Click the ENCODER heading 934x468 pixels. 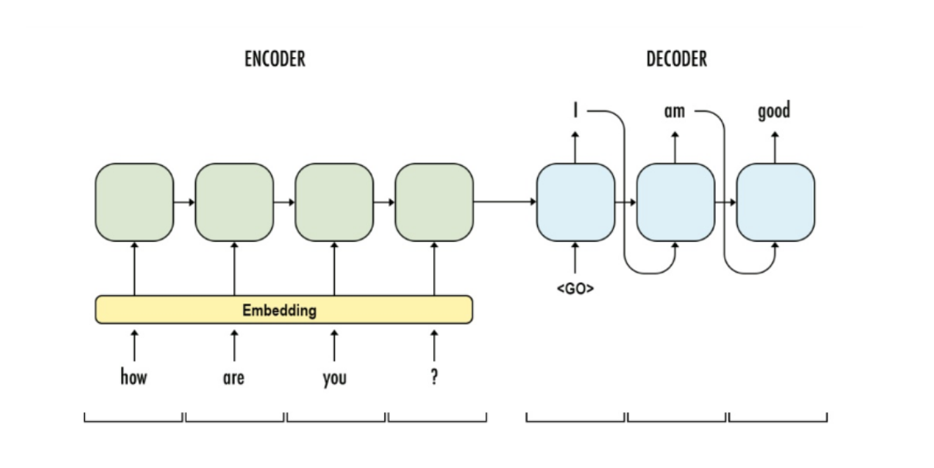pos(275,59)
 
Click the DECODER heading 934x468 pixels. pos(676,59)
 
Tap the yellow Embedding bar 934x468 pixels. pos(283,310)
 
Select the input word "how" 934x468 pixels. pos(134,378)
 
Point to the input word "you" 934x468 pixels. pos(334,378)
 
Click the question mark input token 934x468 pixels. pos(434,378)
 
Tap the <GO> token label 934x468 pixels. pos(575,290)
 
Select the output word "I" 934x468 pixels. pos(575,110)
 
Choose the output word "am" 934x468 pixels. pos(675,111)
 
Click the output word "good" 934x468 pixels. pos(774,111)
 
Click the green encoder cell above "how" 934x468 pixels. pos(134,202)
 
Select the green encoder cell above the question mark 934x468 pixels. pos(434,202)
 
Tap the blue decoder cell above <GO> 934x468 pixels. pos(576,202)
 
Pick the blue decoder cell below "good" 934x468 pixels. pos(775,202)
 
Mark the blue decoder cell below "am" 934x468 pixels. pos(675,202)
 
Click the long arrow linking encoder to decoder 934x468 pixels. pos(505,202)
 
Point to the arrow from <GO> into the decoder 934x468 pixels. pos(575,258)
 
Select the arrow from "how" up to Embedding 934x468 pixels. pos(134,344)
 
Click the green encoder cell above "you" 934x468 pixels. pos(334,202)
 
